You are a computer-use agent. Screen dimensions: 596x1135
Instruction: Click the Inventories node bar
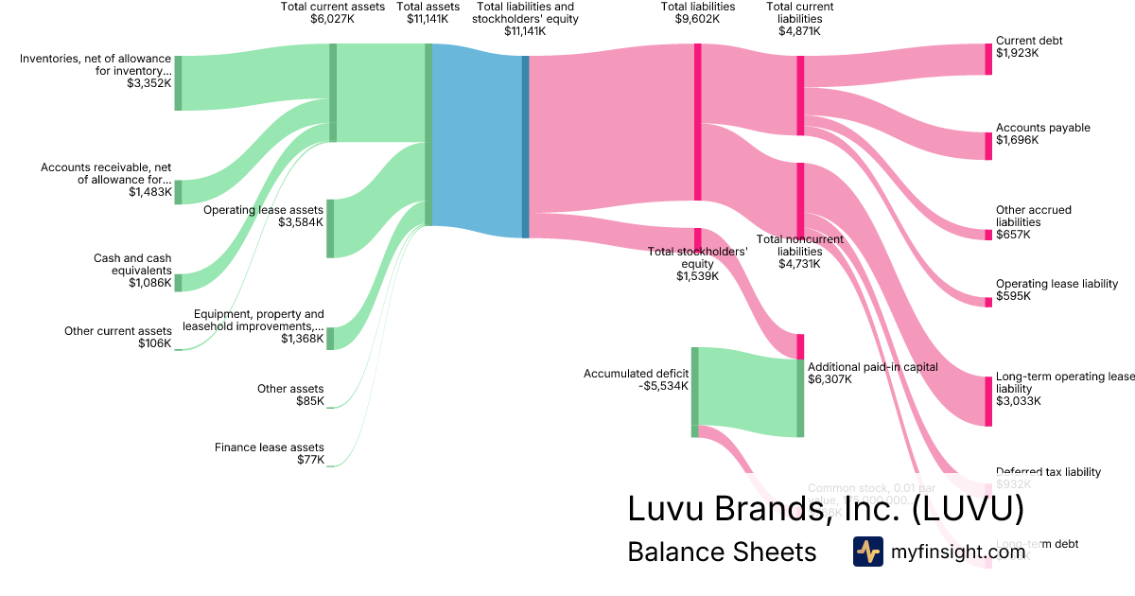(178, 83)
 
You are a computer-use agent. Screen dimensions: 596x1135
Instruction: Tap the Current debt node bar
(988, 59)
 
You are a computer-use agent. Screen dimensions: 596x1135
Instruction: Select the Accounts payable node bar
(988, 142)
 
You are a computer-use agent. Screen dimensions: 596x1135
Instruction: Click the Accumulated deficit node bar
(694, 392)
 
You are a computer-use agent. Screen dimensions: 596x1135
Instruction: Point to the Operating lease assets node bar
(330, 228)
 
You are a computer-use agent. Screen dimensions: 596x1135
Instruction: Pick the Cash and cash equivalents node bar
(178, 282)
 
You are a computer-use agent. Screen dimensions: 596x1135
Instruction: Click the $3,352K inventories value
(149, 83)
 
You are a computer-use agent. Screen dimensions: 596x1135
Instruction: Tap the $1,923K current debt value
(1017, 54)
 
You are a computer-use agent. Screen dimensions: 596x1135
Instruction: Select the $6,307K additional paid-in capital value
(829, 379)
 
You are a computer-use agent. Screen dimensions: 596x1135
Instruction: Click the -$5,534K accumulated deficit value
(664, 386)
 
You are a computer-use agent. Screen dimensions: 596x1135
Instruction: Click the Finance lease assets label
(270, 447)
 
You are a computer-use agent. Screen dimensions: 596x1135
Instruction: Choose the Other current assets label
(118, 331)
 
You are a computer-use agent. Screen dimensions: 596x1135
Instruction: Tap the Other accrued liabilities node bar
(988, 235)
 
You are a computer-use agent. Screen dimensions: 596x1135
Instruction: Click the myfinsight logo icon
(867, 552)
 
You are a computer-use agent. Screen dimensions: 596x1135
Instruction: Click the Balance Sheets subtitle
(722, 552)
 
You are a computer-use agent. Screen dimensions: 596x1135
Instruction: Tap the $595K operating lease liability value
(1013, 296)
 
